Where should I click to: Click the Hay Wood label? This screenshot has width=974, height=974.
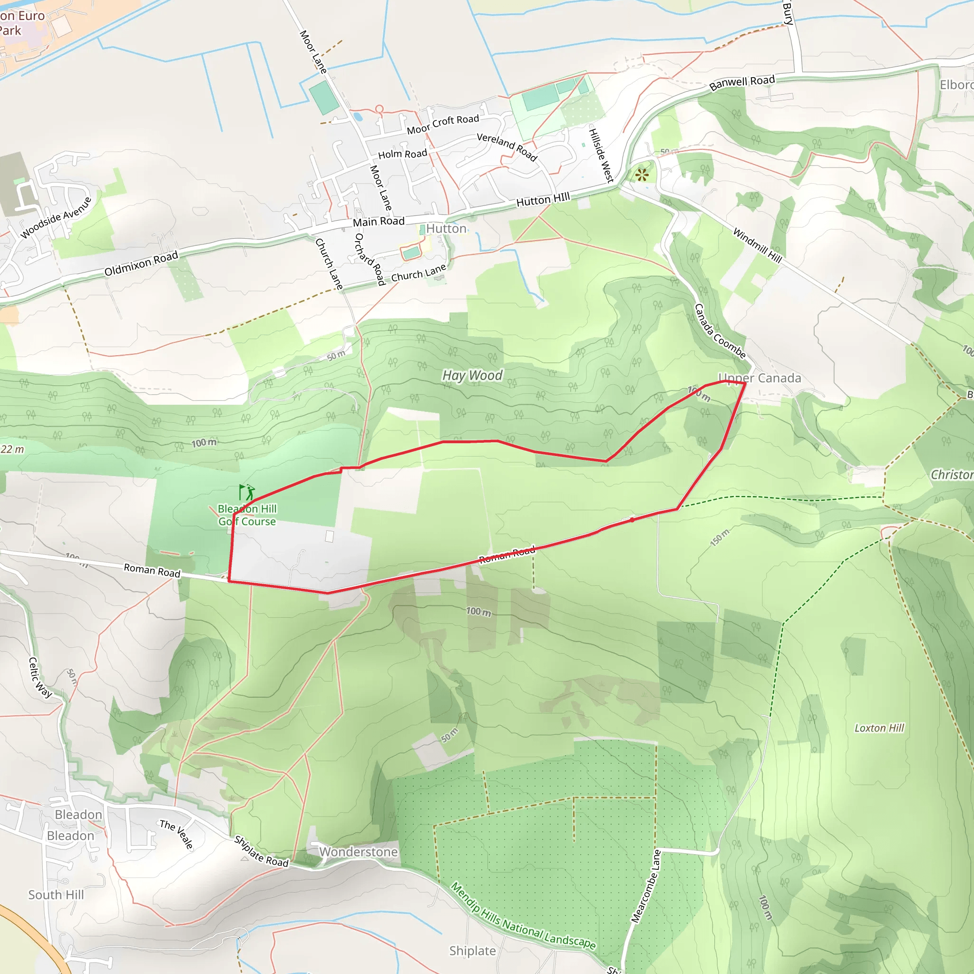472,376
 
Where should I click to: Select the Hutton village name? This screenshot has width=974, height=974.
446,229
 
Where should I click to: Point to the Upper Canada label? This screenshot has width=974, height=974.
759,378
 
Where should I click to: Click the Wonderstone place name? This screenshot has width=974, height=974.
359,852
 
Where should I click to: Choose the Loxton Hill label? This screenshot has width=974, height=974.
879,728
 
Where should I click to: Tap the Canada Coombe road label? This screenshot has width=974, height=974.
720,331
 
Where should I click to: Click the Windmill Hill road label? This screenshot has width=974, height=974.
757,245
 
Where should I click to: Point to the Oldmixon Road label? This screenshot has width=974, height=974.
141,263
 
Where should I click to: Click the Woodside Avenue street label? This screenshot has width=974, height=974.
56,218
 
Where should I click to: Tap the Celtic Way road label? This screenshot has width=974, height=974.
40,677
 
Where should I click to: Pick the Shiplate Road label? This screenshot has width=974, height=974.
261,851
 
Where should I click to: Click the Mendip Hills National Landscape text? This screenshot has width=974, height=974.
523,916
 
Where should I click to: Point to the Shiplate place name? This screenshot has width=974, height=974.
472,951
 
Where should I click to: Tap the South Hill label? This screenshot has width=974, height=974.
56,895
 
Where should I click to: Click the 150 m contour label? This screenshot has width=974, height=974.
720,538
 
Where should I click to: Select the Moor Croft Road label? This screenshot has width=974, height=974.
443,124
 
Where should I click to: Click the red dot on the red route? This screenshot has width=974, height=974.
632,520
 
